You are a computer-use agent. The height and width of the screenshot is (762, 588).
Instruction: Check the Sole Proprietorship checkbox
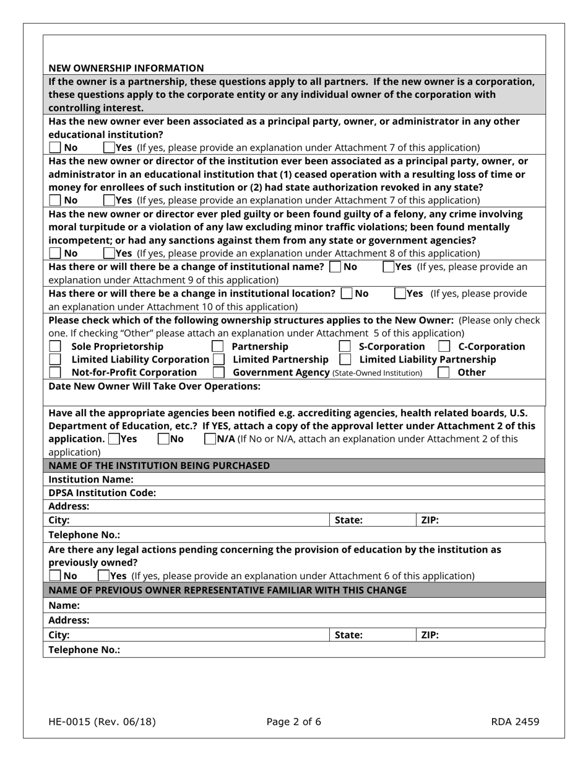[x=56, y=346]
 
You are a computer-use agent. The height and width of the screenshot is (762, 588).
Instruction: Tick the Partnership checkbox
[x=218, y=346]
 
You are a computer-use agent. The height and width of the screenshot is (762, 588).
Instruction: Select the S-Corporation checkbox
[x=345, y=346]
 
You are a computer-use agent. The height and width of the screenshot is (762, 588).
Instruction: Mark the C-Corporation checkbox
[x=444, y=346]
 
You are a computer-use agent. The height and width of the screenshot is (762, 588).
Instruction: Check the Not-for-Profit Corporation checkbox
[x=56, y=372]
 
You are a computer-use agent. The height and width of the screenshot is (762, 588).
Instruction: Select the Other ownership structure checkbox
[x=444, y=372]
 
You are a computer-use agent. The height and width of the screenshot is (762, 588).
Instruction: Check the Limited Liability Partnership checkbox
[x=345, y=359]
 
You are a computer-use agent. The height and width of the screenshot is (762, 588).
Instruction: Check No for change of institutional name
[x=335, y=267]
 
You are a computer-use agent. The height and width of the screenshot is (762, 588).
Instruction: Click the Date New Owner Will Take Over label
[x=154, y=386]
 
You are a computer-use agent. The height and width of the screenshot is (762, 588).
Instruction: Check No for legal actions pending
[x=55, y=576]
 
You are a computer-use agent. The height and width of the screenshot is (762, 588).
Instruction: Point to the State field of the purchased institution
[x=371, y=520]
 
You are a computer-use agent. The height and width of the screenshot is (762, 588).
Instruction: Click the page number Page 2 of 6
[x=293, y=721]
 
